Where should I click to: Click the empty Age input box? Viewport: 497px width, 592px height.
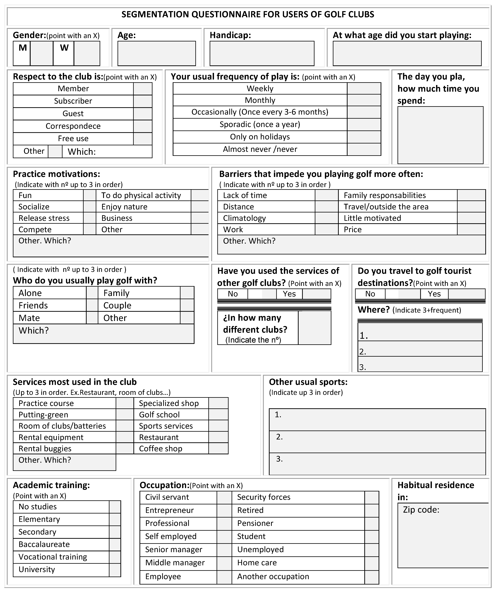coord(157,54)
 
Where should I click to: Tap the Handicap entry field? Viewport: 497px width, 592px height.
coord(262,54)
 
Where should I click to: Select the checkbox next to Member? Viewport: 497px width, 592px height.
coord(143,89)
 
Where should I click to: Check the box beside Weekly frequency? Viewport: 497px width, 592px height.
coord(364,88)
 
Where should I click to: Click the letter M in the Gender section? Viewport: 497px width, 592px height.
coord(23,48)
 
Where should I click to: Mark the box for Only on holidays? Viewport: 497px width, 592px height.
coord(364,137)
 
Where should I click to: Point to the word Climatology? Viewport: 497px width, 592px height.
coord(244,218)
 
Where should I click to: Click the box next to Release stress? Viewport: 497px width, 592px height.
coord(90,218)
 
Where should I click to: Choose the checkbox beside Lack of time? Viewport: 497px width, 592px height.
coord(326,195)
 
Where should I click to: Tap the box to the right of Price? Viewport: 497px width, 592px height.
coord(471,229)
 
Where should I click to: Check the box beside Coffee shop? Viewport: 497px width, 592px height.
coord(218,449)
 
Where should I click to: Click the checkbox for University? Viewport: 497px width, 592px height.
coord(115,570)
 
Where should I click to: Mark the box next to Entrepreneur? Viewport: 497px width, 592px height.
coord(224,510)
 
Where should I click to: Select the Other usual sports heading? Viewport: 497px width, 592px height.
coord(308,382)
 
